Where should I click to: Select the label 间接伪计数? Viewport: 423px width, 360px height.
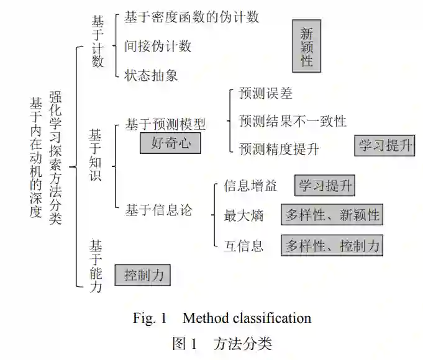pyautogui.click(x=158, y=46)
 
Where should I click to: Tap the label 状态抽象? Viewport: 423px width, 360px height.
pyautogui.click(x=151, y=75)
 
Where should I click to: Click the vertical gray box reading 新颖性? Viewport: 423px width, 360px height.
pyautogui.click(x=307, y=47)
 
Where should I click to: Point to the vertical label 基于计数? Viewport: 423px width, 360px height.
pyautogui.click(x=98, y=41)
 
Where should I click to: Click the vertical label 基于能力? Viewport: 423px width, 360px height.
pyautogui.click(x=96, y=266)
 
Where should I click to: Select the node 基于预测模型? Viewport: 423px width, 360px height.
pyautogui.click(x=165, y=124)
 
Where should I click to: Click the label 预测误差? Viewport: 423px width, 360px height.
pyautogui.click(x=265, y=94)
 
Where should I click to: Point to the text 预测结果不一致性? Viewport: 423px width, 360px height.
pyautogui.click(x=293, y=121)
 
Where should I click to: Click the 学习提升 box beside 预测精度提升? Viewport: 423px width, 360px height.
pyautogui.click(x=385, y=146)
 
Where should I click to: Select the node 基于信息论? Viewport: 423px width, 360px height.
pyautogui.click(x=159, y=210)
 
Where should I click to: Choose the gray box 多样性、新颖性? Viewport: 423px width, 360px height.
pyautogui.click(x=332, y=215)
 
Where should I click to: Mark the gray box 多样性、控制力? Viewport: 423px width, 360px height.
pyautogui.click(x=332, y=245)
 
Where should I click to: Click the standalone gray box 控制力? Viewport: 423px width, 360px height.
pyautogui.click(x=143, y=274)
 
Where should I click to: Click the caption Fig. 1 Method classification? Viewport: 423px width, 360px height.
pyautogui.click(x=222, y=318)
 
